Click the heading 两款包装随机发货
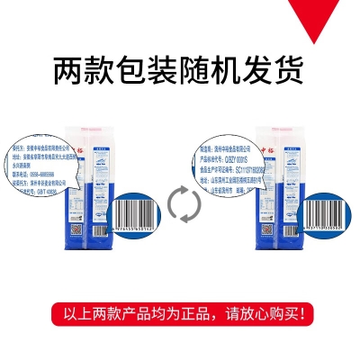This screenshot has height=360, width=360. (x=179, y=68)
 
